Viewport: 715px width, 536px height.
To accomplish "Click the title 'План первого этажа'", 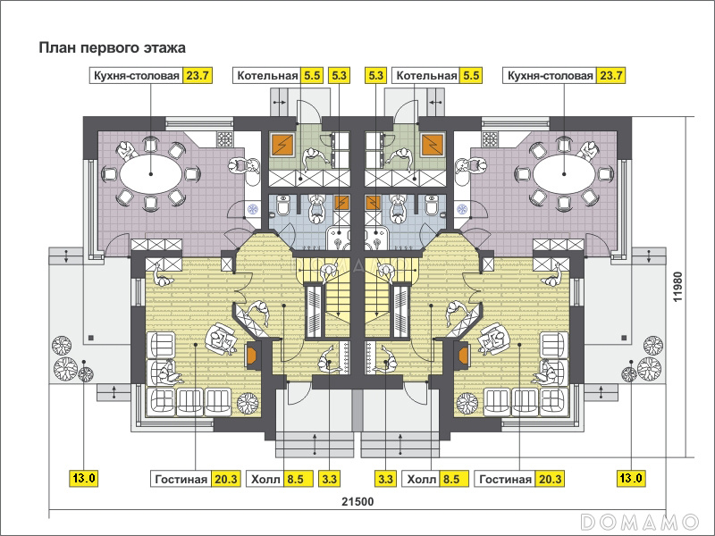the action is pos(113,48).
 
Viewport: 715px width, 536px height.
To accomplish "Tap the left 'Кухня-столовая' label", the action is pos(137,76).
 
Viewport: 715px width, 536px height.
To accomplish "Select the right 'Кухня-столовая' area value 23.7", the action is pos(611,76).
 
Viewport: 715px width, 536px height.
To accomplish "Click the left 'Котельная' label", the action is pos(267,76).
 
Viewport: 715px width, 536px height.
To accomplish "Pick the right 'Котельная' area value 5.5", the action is pos(471,76).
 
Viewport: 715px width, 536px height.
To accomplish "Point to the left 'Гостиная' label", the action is pos(181,480).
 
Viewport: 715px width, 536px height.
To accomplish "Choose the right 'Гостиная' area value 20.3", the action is pos(550,479).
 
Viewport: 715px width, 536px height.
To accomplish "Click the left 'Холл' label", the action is pos(265,480).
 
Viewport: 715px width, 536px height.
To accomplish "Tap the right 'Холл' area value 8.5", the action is pos(451,479).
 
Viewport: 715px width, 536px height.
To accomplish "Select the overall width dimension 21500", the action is pos(357,502).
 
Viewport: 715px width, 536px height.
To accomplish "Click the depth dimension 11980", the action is pos(678,286).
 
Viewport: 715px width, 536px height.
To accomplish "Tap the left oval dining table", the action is pos(151,174).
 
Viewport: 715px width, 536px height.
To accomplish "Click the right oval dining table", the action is pos(564,174).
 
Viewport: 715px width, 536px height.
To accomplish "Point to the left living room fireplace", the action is pos(253,355).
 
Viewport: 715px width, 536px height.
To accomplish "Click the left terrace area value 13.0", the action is pos(84,478).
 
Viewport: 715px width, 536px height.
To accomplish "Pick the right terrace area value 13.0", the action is pos(631,478).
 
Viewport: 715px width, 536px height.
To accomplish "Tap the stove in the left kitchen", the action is pos(224,139).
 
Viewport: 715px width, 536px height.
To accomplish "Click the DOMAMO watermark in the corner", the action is pos(640,521).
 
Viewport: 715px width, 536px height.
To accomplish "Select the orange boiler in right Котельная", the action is pos(433,145).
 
